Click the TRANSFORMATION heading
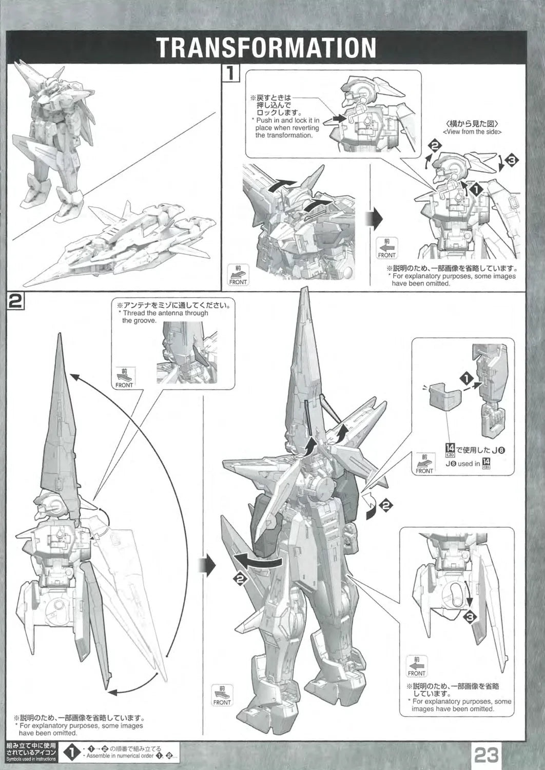(x=267, y=47)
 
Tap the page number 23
(x=486, y=755)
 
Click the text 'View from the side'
(x=472, y=131)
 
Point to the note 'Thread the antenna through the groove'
(x=165, y=317)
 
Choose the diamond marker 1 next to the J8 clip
(x=466, y=379)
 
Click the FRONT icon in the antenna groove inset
(x=124, y=377)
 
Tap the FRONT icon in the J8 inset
(x=424, y=464)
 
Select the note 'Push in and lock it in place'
(x=287, y=128)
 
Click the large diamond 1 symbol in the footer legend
(x=72, y=755)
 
